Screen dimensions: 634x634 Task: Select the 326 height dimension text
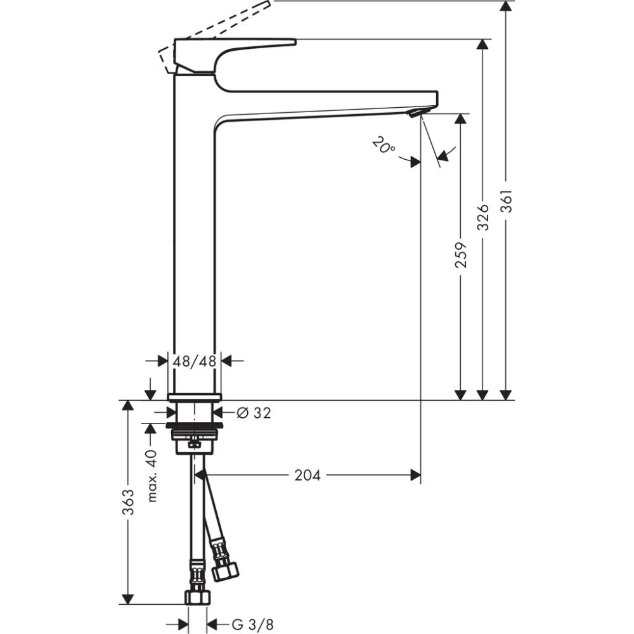tap(482, 217)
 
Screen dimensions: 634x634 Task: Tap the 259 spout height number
tap(461, 254)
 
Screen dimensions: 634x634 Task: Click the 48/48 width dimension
tap(195, 361)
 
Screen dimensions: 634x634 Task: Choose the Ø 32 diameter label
tap(253, 413)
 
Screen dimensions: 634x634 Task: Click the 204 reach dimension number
tap(307, 475)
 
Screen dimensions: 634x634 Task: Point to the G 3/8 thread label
tap(252, 624)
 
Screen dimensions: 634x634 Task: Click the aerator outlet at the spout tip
tap(414, 113)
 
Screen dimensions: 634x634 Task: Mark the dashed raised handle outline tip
tap(266, 6)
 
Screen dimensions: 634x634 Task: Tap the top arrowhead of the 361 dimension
tap(505, 6)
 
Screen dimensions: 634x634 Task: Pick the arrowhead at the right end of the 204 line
tap(416, 474)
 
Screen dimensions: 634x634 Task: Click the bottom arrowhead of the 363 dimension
tap(128, 598)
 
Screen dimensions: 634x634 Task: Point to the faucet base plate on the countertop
tap(195, 397)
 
